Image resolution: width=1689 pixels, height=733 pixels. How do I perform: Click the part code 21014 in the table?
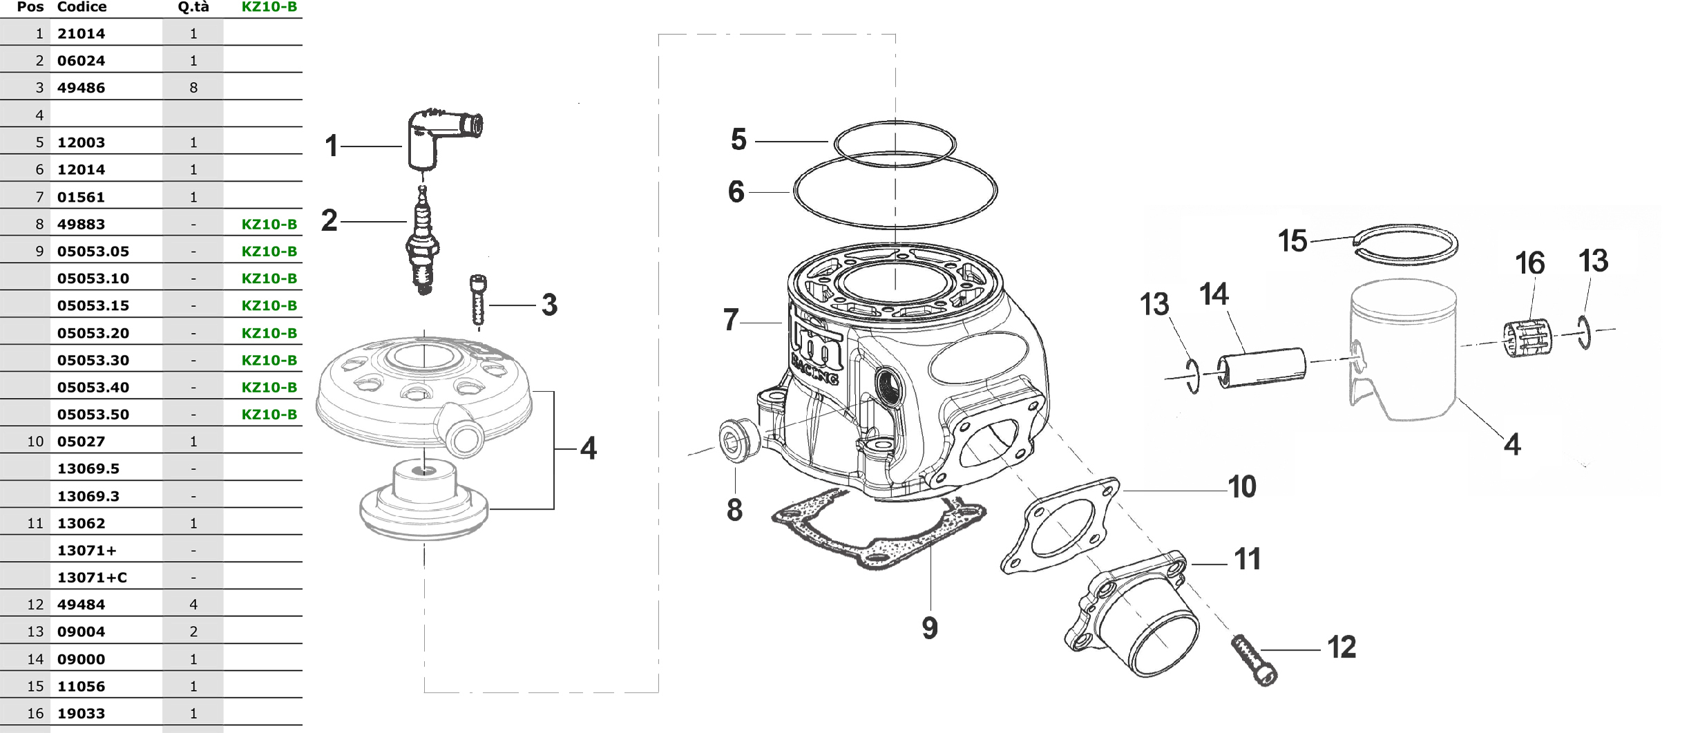click(x=81, y=33)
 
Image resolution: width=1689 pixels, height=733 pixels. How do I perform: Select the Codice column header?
click(x=82, y=7)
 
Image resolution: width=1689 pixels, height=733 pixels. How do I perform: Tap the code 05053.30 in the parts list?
click(x=93, y=360)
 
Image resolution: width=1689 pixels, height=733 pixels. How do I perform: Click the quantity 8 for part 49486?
click(x=193, y=88)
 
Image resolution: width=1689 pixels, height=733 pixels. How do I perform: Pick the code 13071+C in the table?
click(x=92, y=578)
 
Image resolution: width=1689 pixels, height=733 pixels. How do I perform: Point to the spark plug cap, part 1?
click(x=442, y=137)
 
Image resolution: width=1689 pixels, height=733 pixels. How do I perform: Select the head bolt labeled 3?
click(x=478, y=300)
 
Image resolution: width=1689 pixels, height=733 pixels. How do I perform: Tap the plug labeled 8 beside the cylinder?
click(x=740, y=437)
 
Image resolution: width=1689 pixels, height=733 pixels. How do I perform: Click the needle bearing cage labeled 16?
click(x=1527, y=338)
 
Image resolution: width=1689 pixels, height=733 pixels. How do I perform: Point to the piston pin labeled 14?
click(x=1261, y=368)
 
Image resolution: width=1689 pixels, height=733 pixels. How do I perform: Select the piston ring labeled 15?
click(x=1406, y=244)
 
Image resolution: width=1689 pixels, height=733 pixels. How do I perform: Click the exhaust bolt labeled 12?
click(x=1254, y=660)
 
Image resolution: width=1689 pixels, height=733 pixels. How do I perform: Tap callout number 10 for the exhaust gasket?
click(x=1242, y=487)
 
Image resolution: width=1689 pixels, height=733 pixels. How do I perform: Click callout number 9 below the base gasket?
click(x=930, y=628)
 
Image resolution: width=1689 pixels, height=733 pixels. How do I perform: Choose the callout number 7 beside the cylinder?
click(x=731, y=320)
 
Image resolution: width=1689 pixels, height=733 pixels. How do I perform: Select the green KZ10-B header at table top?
click(x=269, y=7)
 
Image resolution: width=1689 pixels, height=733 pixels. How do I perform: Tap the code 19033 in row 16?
click(x=81, y=714)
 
